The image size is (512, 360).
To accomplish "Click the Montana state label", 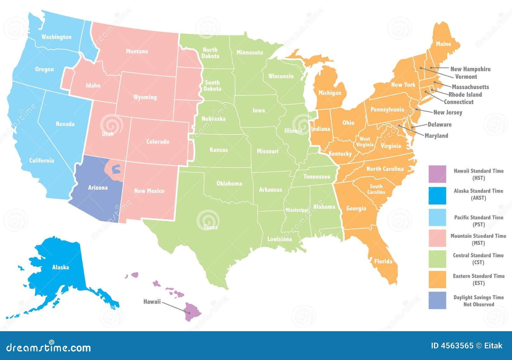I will point(137,51).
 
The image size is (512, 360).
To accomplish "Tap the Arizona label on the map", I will point(98,188).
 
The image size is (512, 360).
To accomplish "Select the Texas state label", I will point(210,227).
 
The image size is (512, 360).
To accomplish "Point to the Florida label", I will point(383,261).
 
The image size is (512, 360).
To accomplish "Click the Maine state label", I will point(443,44).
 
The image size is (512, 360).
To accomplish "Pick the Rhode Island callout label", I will point(465,94).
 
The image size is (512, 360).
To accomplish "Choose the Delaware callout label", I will point(439,124).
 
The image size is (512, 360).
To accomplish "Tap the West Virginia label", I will point(364,142).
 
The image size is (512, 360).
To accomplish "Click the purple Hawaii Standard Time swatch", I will point(437,174).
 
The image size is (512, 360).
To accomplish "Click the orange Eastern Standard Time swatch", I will point(437,279).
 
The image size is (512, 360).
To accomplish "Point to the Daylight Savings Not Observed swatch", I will point(437,300).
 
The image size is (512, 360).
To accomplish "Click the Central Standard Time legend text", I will point(478,259).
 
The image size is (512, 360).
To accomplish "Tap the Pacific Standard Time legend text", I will point(478,221).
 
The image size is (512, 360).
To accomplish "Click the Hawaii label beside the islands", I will point(152,301).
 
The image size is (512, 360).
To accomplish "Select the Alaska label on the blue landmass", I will point(60,267).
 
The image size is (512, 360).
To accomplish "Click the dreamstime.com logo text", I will point(48,347).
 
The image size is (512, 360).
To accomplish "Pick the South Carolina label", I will point(376,189).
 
